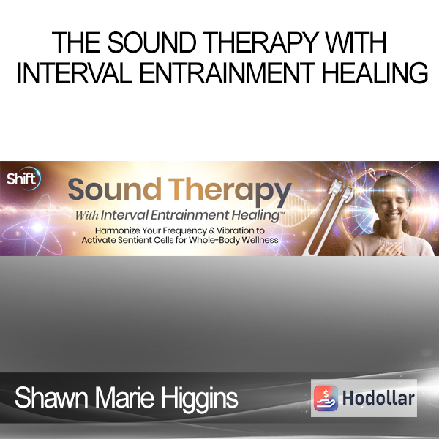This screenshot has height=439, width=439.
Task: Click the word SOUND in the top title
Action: pos(151,42)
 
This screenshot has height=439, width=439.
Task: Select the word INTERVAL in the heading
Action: pos(75,72)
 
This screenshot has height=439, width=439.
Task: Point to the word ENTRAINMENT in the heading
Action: pos(227,72)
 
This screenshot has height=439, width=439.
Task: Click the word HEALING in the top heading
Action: pos(375,72)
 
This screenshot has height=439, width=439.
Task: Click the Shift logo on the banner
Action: pos(23,179)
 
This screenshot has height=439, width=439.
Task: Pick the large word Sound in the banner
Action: pos(115,190)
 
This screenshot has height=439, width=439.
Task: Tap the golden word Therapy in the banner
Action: pos(230,191)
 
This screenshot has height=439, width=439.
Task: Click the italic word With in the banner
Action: pos(87,215)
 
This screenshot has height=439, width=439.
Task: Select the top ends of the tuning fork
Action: pos(341,190)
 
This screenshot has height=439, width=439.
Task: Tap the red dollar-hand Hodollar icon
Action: pos(326,398)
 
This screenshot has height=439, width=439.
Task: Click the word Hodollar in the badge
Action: pos(378,398)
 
